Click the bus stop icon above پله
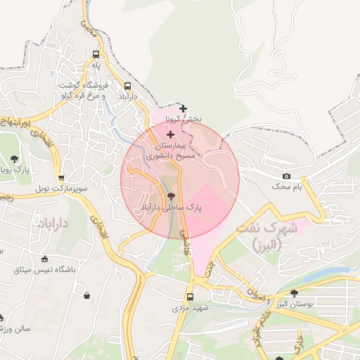coord(96,54)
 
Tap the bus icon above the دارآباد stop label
coord(127,86)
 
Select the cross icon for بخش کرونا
coord(184,108)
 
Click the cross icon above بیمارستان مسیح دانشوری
coord(170,134)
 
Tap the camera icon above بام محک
coord(286,176)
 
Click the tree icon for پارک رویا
coord(15,159)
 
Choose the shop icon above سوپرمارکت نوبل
coord(61,178)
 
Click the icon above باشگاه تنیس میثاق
coord(46,258)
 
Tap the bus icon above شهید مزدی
coord(190,297)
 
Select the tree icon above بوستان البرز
coord(294,292)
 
